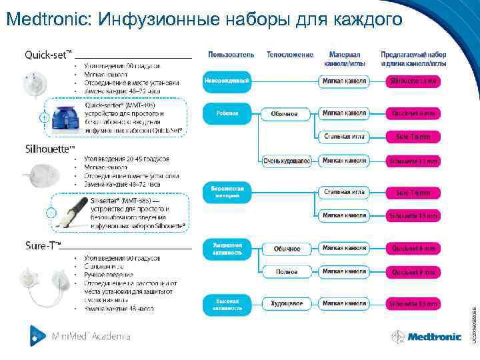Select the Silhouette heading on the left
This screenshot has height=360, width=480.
[49, 148]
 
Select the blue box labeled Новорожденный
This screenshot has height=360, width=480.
[227, 81]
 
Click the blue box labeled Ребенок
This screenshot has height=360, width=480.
[227, 114]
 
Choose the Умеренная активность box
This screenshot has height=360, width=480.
[227, 249]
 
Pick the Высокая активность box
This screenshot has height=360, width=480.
[227, 304]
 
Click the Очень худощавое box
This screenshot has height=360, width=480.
[286, 161]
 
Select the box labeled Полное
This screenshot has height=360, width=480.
[286, 272]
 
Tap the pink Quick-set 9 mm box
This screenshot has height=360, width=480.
[413, 272]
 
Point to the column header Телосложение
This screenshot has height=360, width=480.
[290, 54]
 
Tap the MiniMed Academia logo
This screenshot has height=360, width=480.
[80, 336]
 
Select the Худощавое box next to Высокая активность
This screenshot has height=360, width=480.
[286, 304]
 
